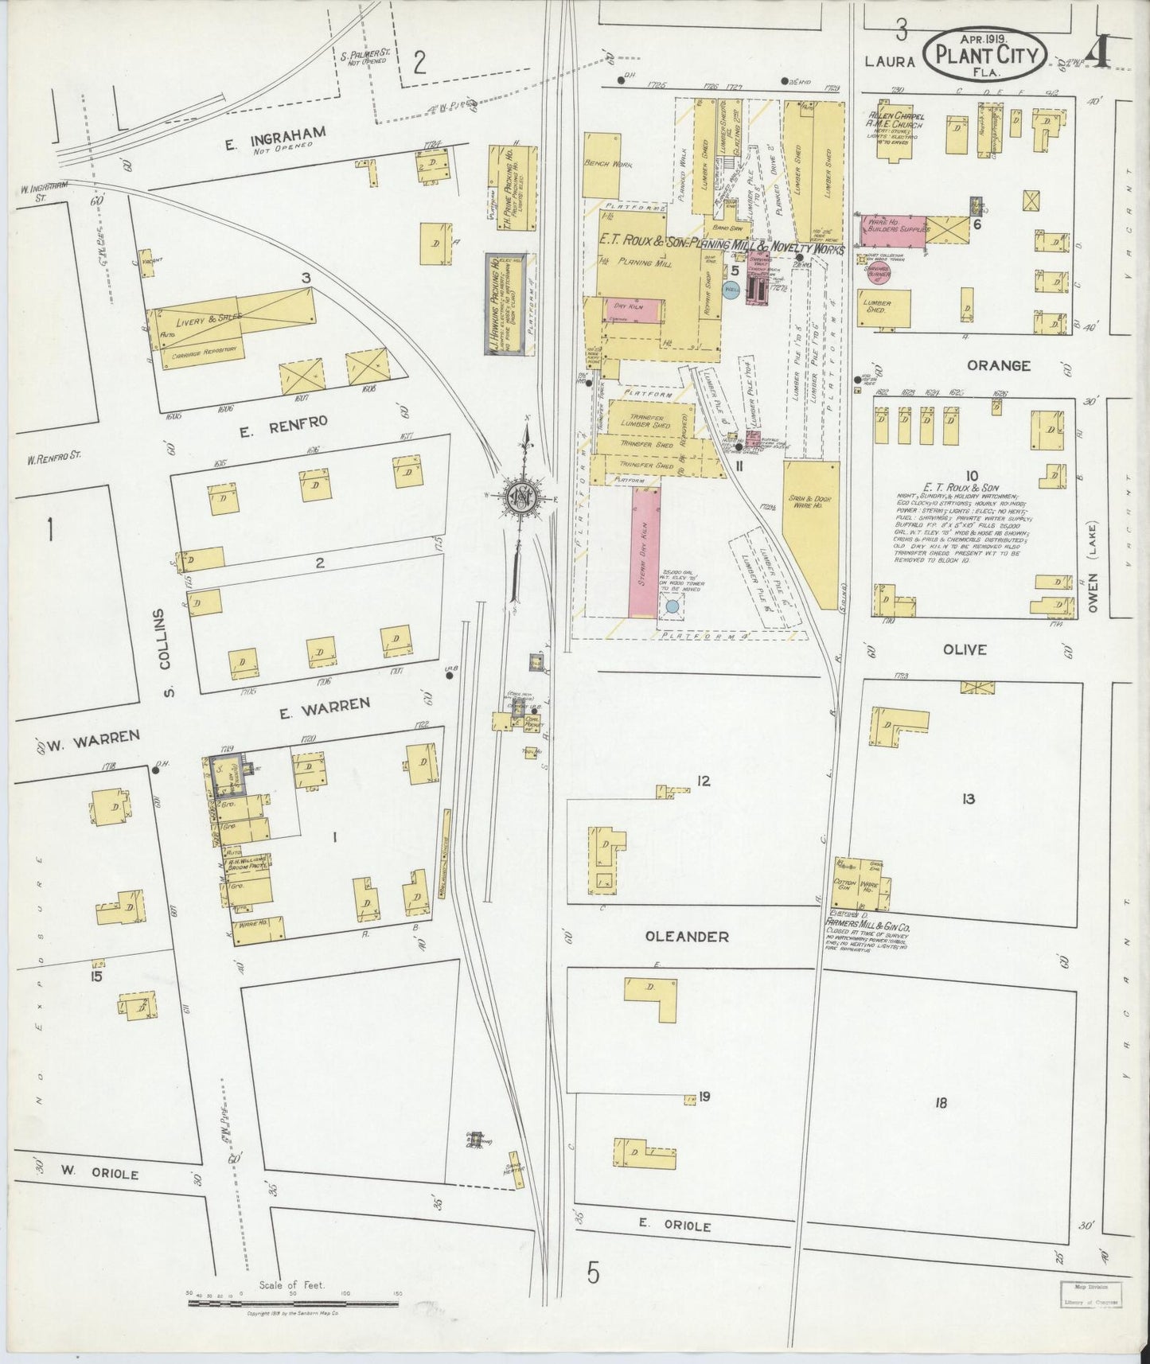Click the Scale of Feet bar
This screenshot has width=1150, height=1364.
(x=294, y=1303)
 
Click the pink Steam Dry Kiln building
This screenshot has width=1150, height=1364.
(x=645, y=553)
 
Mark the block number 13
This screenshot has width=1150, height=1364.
(x=968, y=799)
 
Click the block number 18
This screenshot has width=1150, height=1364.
(x=941, y=1103)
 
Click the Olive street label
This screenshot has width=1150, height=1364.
(x=965, y=649)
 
